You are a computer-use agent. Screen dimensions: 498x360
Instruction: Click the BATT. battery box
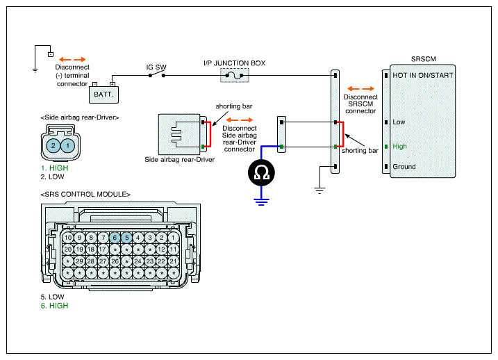click(104, 95)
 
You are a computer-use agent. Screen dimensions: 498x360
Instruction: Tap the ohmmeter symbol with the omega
click(261, 173)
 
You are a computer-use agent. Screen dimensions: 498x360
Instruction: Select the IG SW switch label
click(156, 67)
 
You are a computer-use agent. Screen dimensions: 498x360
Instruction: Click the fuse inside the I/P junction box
click(234, 76)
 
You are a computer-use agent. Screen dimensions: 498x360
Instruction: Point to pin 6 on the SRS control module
click(115, 238)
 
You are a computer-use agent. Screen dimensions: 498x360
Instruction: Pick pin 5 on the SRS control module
click(126, 238)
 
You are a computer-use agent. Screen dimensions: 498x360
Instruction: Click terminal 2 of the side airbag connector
click(53, 146)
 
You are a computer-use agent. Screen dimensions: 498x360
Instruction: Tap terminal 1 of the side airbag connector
click(67, 146)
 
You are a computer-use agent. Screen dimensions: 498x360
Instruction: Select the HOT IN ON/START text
click(423, 76)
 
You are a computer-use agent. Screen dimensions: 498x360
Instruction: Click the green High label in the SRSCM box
click(399, 147)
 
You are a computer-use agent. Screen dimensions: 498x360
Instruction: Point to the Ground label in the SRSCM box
click(404, 167)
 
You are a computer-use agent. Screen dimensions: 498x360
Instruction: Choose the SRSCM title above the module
click(424, 59)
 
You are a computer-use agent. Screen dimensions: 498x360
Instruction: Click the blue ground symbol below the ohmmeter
click(261, 202)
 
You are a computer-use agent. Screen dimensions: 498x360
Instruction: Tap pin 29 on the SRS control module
click(79, 261)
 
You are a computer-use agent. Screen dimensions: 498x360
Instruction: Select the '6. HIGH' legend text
click(54, 306)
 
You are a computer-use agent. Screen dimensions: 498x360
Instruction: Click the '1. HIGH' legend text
click(54, 168)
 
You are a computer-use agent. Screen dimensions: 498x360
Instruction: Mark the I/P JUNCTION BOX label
click(234, 63)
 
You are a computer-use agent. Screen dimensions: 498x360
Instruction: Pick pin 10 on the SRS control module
click(68, 238)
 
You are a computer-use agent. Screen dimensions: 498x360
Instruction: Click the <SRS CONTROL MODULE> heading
click(85, 194)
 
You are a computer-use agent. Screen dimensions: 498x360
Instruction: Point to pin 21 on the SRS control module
click(174, 261)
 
